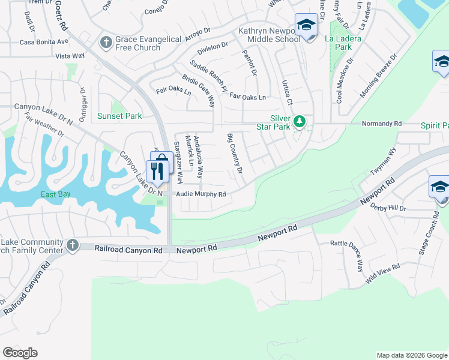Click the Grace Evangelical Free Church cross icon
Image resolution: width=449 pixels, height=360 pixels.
click(x=106, y=42)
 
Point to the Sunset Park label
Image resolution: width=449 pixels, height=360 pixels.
click(x=121, y=116)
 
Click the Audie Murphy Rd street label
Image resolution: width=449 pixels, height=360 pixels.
click(x=201, y=194)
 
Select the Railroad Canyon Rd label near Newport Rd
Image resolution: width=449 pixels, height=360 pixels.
click(x=129, y=248)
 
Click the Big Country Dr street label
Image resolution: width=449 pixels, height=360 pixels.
click(x=234, y=154)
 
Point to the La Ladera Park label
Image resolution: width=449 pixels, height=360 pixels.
click(x=339, y=42)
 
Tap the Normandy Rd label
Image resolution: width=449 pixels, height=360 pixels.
click(x=381, y=124)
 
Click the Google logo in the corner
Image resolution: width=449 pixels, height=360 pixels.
click(x=20, y=353)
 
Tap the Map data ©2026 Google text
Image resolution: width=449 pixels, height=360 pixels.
click(x=411, y=355)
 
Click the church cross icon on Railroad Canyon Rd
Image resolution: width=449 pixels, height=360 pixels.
click(x=73, y=245)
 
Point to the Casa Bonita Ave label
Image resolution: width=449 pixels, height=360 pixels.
click(x=44, y=42)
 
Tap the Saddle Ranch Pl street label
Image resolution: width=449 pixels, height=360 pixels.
click(x=209, y=76)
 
